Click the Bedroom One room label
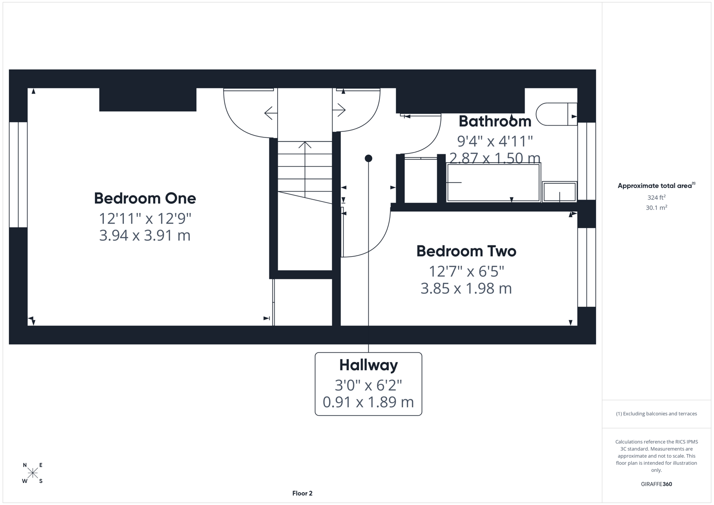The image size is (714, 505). tap(145, 198)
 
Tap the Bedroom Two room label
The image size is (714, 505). tap(466, 251)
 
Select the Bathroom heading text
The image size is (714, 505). tap(495, 121)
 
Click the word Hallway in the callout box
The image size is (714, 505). tap(368, 365)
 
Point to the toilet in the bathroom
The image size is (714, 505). tap(555, 114)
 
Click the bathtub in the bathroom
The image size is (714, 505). tap(493, 182)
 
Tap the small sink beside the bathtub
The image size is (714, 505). tap(559, 192)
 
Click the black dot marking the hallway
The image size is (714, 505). tap(368, 159)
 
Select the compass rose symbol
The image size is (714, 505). tap(33, 473)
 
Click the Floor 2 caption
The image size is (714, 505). tap(302, 493)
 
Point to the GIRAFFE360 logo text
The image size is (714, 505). tap(656, 484)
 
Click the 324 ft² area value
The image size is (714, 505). tap(656, 197)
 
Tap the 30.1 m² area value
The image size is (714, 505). tap(656, 208)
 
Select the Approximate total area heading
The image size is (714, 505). tap(656, 186)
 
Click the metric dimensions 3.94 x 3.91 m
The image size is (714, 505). tap(145, 235)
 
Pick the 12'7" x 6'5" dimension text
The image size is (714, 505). tap(466, 271)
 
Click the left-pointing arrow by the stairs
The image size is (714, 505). tap(269, 113)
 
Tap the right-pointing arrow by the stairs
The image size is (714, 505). tap(339, 110)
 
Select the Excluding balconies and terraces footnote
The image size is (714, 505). tap(656, 414)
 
